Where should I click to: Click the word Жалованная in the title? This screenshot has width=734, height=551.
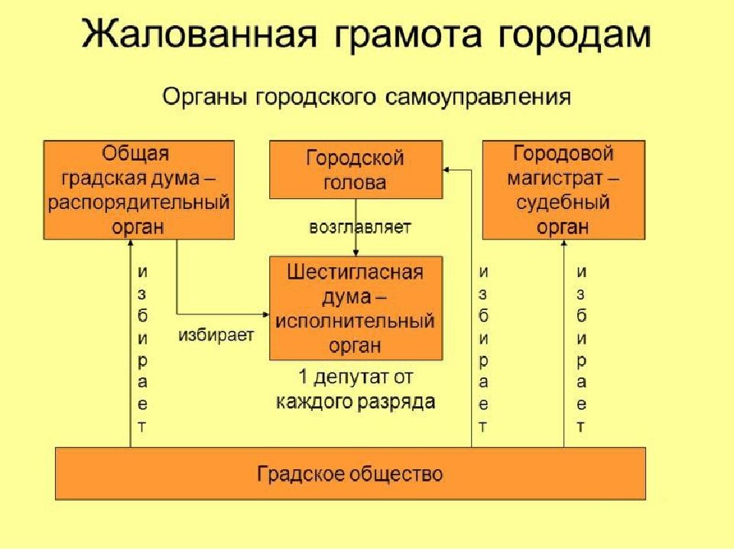(x=200, y=34)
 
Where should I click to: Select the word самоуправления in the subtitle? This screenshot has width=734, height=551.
(x=478, y=97)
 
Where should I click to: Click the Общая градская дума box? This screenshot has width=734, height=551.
(x=139, y=191)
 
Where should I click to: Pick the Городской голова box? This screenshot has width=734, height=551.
(x=356, y=170)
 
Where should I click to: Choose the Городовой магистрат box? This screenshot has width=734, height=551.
(x=563, y=191)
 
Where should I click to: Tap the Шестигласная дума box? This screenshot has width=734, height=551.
(x=356, y=308)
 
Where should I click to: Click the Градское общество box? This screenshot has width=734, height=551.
(x=350, y=474)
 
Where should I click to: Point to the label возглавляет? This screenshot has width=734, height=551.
(x=360, y=227)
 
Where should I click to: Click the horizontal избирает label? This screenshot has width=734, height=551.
(x=216, y=335)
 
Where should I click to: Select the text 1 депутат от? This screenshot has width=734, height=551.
(x=356, y=377)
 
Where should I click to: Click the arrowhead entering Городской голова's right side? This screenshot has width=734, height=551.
(x=446, y=170)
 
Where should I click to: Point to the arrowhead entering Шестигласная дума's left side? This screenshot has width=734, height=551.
(x=266, y=315)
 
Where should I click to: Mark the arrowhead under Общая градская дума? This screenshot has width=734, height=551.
(x=131, y=243)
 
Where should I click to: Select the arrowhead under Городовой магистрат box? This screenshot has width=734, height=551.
(x=563, y=243)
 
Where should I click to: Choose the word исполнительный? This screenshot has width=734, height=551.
(x=355, y=321)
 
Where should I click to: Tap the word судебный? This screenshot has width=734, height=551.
(x=563, y=203)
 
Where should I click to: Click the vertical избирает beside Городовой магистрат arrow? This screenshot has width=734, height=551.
(x=581, y=349)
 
